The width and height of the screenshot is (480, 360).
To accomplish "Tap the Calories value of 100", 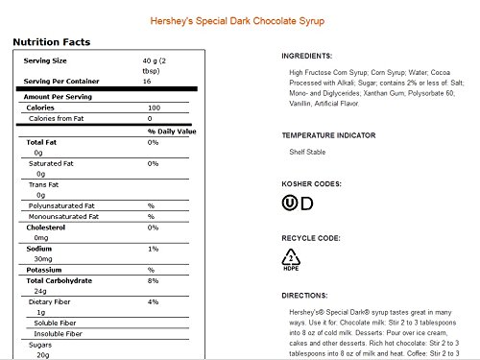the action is pyautogui.click(x=155, y=108).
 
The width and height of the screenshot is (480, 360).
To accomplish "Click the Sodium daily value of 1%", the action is pyautogui.click(x=152, y=248).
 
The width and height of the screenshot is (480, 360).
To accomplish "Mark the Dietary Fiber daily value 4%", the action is pyautogui.click(x=152, y=303).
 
